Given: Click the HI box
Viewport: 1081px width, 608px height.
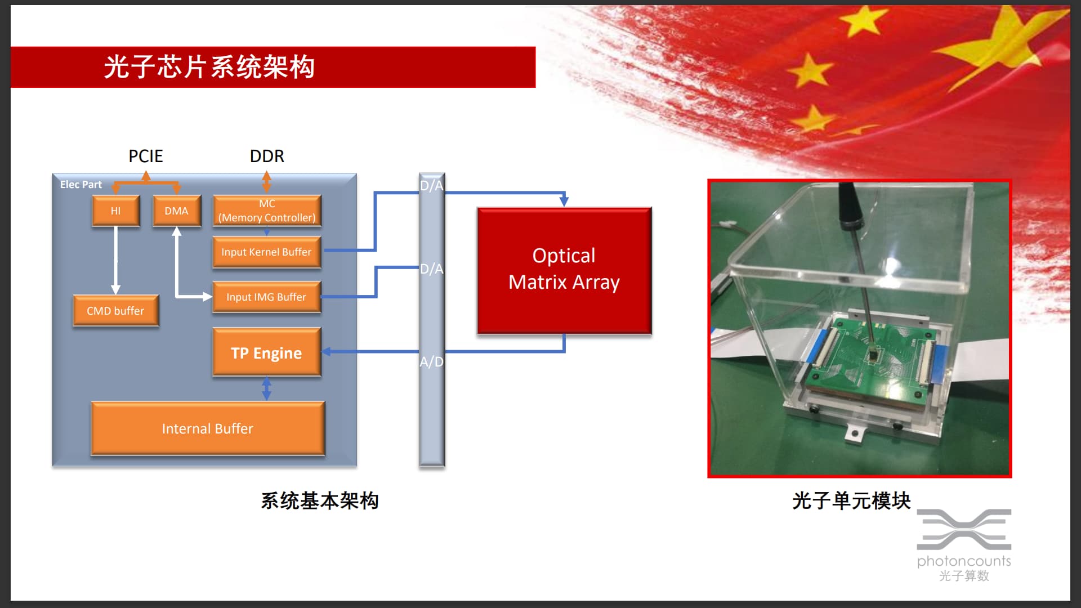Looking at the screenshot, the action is pos(115,211).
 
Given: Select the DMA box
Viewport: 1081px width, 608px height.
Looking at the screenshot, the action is pos(177,211).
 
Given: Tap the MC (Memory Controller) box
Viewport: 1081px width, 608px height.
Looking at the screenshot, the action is pos(267,211).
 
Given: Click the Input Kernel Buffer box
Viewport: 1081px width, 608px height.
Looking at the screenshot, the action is pos(267,252).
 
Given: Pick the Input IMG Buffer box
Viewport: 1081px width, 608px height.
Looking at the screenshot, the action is pos(267,297).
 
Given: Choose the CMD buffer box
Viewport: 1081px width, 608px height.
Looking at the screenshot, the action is pos(115,310).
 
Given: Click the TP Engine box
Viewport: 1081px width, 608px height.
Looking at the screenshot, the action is pos(267,352).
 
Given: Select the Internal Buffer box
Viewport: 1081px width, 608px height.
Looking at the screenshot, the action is pos(208,428).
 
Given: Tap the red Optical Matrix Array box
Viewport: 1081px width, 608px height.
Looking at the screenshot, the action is pos(564,271).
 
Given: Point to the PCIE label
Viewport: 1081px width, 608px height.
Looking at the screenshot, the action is pos(146,156).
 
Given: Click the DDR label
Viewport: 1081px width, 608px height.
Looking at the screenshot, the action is pos(267,156).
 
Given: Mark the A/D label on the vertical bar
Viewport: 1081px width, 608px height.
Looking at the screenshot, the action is pos(432,361).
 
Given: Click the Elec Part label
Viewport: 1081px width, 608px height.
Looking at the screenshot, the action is pos(81,184).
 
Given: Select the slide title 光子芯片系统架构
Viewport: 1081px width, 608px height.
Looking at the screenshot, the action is pos(209,67).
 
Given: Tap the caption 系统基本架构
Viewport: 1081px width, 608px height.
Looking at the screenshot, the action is pos(320,500).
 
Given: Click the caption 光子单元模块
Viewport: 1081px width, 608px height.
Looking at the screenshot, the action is pos(851,500).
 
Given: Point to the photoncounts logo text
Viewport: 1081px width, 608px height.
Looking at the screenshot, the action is pos(964,561).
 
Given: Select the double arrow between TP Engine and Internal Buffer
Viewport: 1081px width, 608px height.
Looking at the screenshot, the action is pos(267,388).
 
